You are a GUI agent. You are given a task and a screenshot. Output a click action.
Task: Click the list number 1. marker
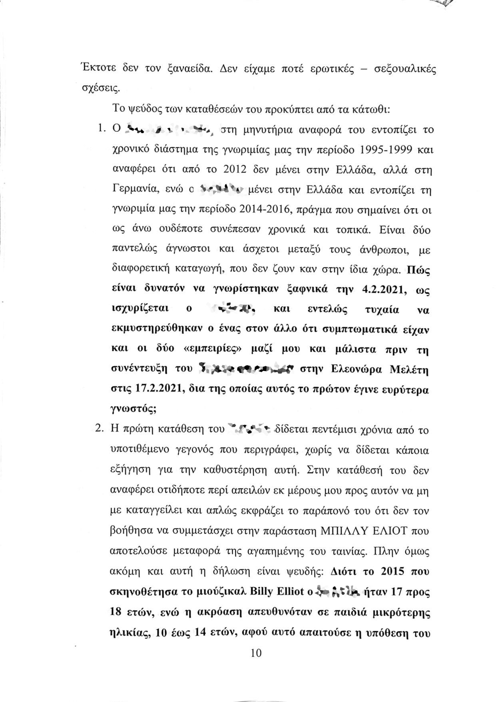pos(100,130)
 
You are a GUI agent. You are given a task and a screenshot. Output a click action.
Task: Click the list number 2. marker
pos(100,429)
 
